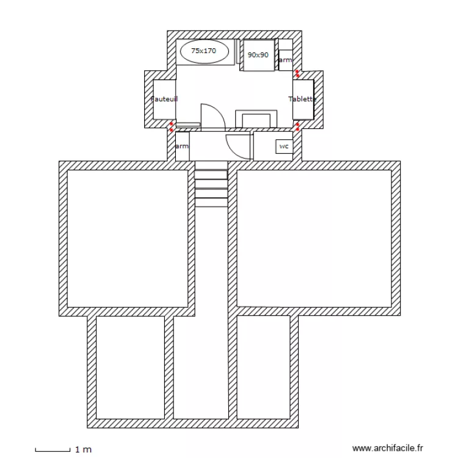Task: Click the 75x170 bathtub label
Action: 203,51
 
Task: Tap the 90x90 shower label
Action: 258,55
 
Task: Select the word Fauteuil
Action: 164,98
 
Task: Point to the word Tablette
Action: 302,99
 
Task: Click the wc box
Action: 283,147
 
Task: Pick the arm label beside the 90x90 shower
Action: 285,60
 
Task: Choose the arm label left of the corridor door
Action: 182,147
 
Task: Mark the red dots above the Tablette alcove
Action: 297,73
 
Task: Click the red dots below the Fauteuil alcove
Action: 172,127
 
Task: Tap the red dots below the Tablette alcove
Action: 297,126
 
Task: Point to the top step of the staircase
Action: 211,165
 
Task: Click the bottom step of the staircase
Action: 211,202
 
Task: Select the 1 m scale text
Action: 83,449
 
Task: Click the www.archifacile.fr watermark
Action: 388,448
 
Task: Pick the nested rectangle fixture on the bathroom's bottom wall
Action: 256,119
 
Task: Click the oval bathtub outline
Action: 207,51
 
